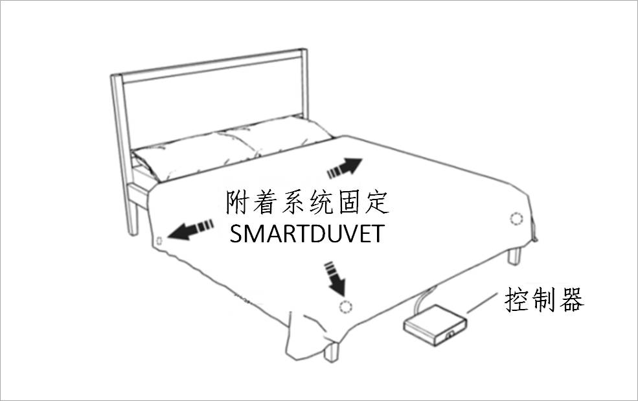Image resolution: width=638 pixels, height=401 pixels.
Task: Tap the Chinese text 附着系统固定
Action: tap(307, 203)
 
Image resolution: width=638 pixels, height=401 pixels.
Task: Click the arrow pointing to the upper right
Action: tap(344, 168)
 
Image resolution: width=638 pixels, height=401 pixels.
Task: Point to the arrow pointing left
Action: tap(190, 228)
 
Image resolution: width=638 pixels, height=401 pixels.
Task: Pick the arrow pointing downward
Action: tap(336, 277)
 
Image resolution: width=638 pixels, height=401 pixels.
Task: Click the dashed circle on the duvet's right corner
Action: tap(516, 218)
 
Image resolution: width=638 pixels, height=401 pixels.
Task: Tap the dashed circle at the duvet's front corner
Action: tap(347, 306)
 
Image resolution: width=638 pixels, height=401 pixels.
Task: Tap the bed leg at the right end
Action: tap(514, 256)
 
